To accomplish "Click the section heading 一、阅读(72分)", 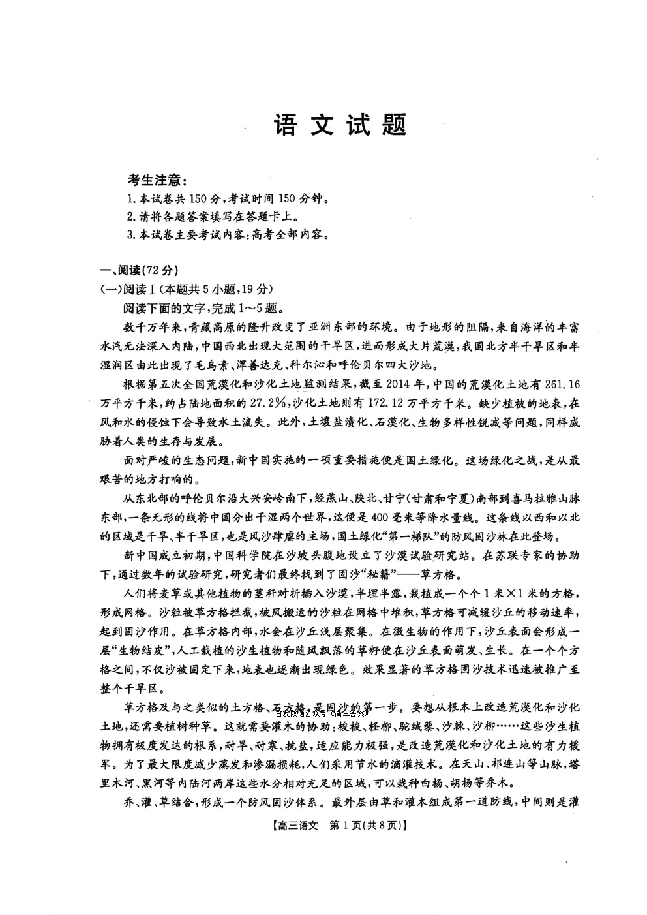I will (x=138, y=271).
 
